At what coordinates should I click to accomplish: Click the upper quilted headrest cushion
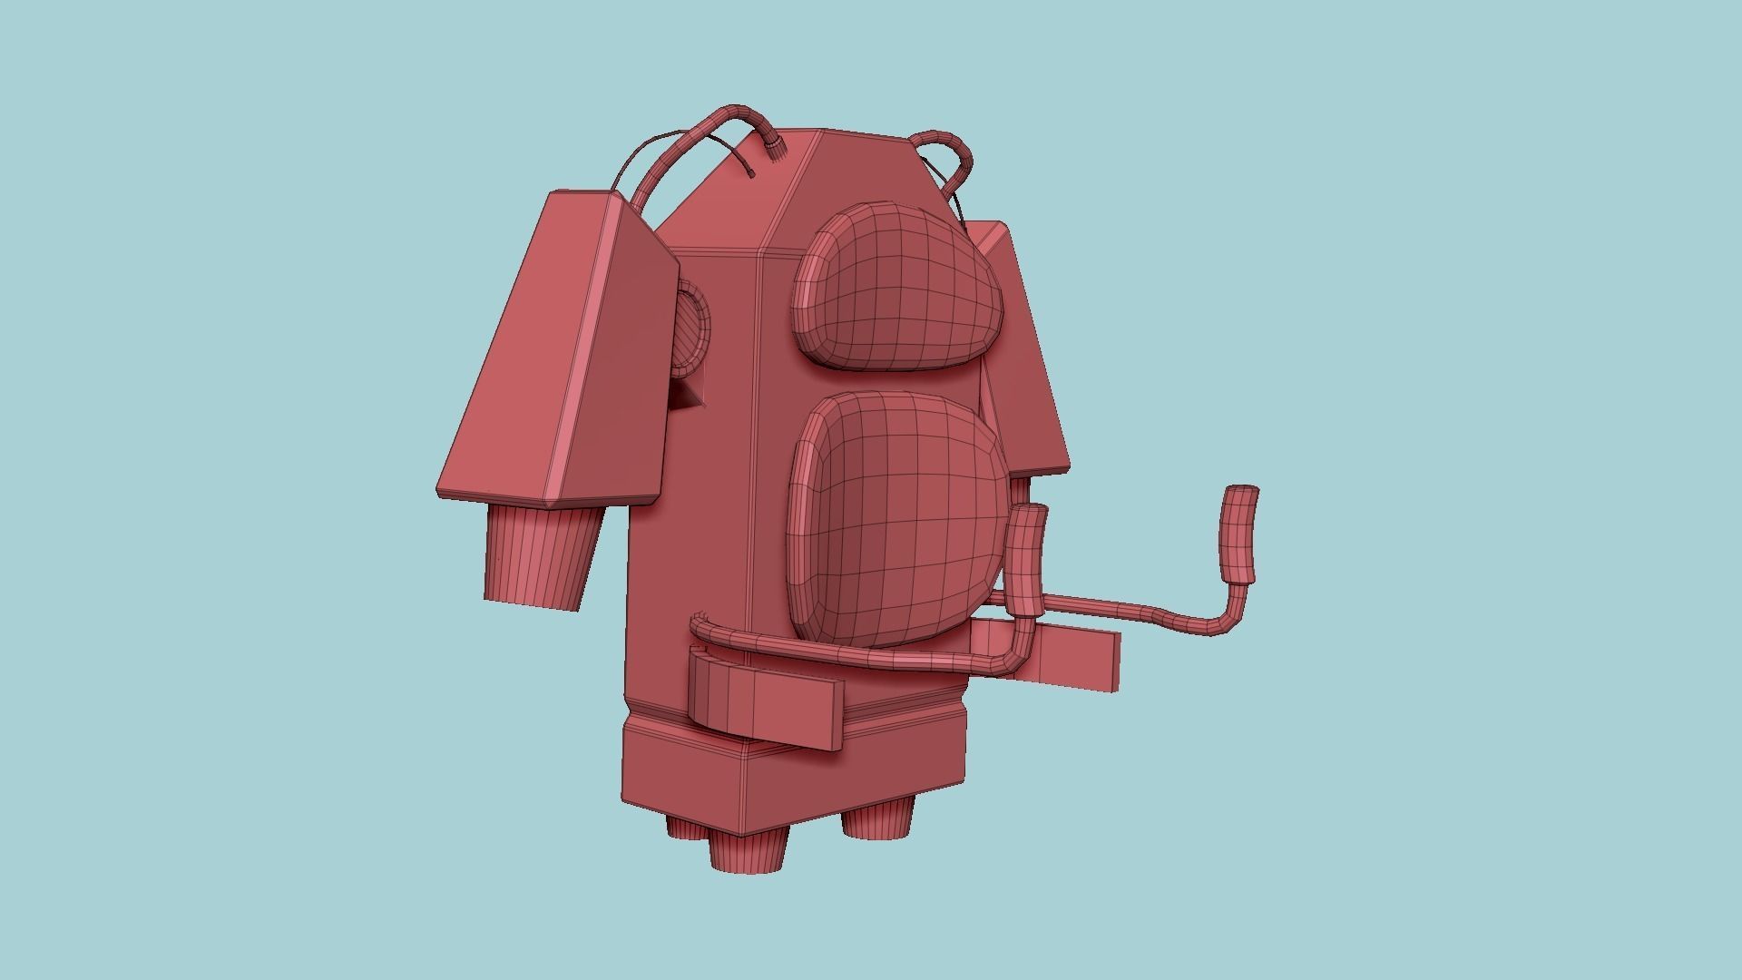898,286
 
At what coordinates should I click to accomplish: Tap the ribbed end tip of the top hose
773,150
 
